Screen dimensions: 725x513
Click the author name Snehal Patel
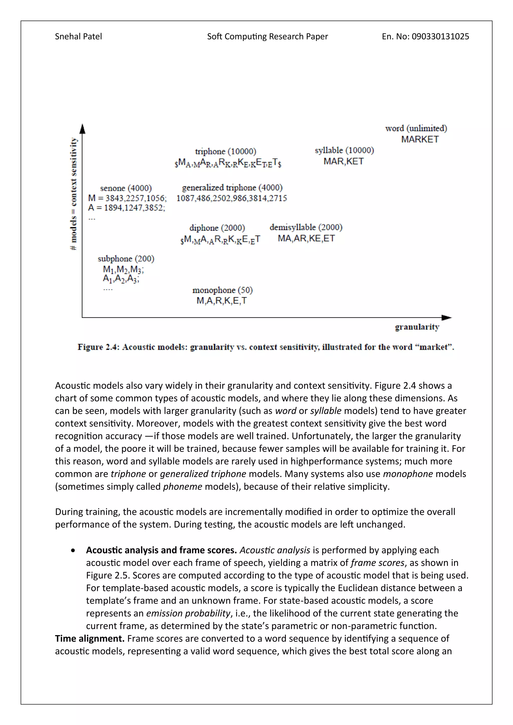(78, 37)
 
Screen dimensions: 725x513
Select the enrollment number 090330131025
(440, 37)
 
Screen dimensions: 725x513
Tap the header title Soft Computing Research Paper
(267, 37)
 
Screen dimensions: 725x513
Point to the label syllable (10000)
(344, 150)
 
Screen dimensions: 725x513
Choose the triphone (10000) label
(225, 151)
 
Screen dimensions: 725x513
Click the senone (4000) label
(126, 188)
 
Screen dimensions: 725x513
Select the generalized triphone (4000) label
(232, 188)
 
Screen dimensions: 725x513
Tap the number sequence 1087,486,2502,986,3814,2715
(231, 198)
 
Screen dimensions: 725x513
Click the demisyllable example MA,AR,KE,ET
(306, 238)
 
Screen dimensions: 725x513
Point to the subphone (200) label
(126, 259)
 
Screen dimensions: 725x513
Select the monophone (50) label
(222, 290)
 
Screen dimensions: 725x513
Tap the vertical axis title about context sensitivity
(73, 194)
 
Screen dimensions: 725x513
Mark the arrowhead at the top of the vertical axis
(82, 128)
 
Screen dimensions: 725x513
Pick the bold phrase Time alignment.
(90, 638)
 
